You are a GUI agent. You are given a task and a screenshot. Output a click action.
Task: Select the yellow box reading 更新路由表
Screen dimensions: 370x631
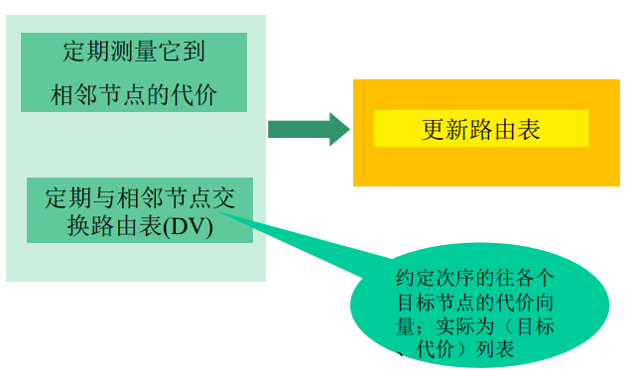point(481,129)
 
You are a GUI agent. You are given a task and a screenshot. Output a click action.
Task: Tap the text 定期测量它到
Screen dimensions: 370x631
point(134,54)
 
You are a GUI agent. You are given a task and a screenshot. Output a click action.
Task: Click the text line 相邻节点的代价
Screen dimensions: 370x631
point(134,96)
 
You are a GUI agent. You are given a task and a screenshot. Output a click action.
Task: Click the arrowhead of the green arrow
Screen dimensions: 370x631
point(338,129)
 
